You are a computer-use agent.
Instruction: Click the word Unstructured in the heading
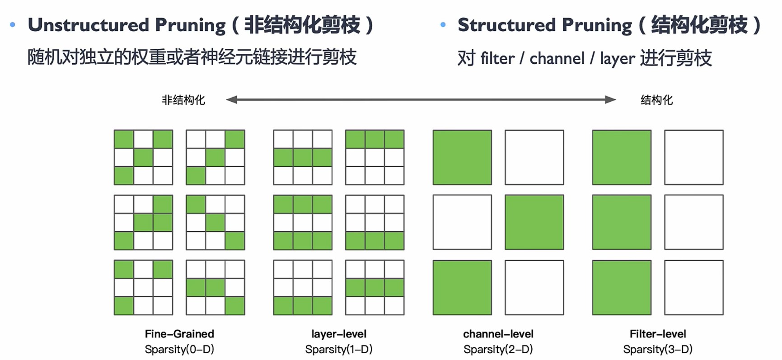[89, 25]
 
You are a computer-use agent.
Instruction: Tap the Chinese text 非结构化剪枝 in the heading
[302, 25]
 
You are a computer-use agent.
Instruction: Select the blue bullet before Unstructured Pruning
[13, 25]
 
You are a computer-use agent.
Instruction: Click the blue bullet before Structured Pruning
[443, 25]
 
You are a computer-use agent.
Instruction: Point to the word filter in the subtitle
[497, 58]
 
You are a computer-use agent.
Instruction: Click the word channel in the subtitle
[557, 58]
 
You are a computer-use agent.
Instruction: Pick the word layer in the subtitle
[618, 59]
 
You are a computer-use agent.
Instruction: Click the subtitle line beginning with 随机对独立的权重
[192, 57]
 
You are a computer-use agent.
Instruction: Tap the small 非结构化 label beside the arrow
[183, 100]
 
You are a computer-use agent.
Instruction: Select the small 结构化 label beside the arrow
[656, 100]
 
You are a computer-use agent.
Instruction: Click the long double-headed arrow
[421, 99]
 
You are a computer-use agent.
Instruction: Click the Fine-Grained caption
[179, 334]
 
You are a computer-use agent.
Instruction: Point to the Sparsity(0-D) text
[179, 349]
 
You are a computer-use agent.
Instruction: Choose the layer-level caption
[339, 334]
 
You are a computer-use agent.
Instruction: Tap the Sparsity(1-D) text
[339, 349]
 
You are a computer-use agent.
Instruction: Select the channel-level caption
[498, 334]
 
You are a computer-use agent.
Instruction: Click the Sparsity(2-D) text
[498, 349]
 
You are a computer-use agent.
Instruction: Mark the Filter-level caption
[658, 334]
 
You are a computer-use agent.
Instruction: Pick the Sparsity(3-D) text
[658, 349]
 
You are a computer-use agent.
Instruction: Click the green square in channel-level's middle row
[534, 222]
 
